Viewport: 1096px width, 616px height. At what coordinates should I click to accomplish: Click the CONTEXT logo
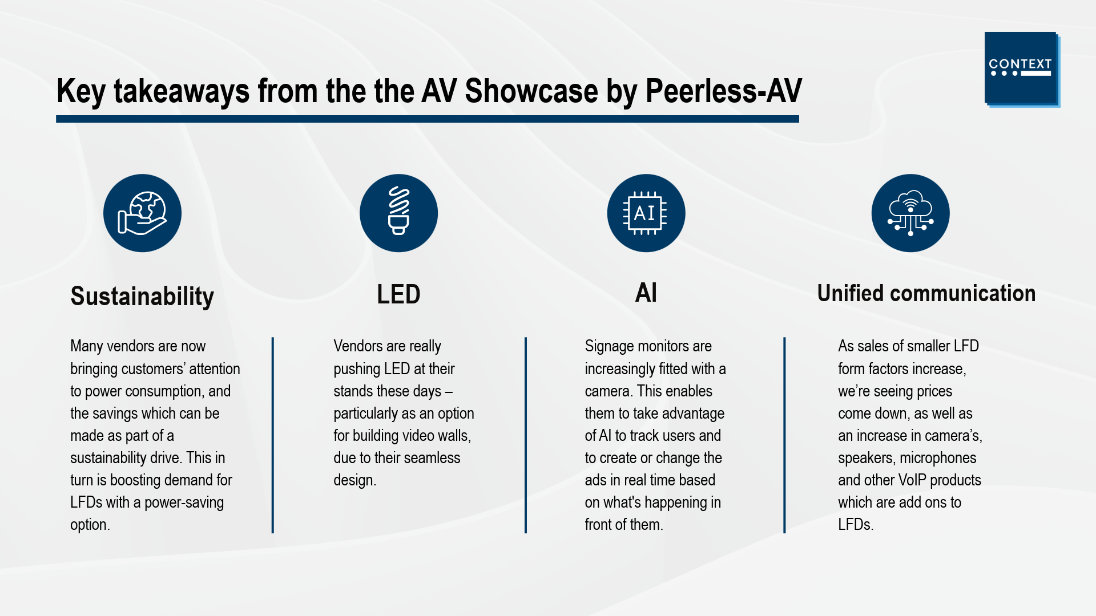pos(1022,69)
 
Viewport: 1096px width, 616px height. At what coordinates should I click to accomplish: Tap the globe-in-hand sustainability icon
pos(142,213)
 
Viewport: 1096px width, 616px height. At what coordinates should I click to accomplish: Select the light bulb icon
pos(398,213)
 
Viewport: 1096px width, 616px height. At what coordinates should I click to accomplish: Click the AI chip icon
pos(646,213)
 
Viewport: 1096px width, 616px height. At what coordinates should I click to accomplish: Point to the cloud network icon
pos(910,213)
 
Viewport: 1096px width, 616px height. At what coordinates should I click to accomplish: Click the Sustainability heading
pos(142,297)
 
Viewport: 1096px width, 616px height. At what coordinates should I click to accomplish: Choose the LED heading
pos(398,294)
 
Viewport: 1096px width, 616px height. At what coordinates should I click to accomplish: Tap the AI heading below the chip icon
pos(646,293)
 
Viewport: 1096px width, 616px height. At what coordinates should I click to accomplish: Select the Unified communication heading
pos(926,293)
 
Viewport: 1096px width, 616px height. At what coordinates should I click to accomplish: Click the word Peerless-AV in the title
pos(724,91)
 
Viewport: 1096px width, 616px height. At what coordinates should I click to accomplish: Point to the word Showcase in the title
pos(531,91)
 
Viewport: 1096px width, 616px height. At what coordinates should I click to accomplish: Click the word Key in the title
pos(81,92)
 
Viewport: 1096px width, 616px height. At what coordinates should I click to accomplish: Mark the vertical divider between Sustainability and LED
pos(273,435)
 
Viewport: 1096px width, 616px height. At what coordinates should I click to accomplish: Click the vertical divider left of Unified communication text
pos(784,435)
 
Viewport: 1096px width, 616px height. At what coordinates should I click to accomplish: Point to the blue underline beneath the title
pos(428,119)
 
